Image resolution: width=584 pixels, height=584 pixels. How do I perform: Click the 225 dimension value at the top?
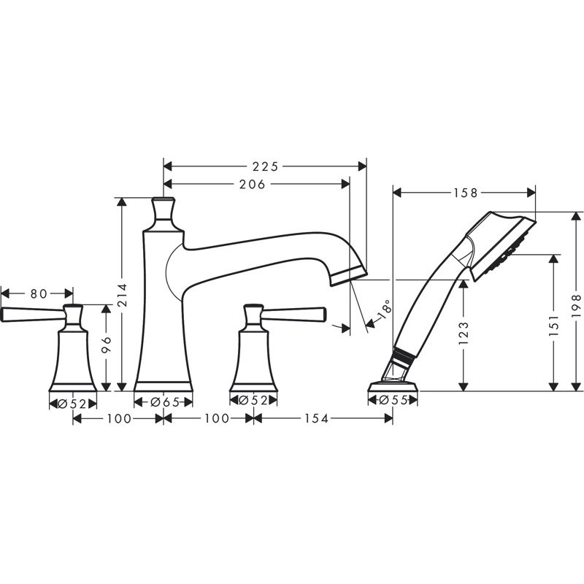pyautogui.click(x=264, y=166)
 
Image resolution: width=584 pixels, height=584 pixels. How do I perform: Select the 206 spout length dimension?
pyautogui.click(x=252, y=184)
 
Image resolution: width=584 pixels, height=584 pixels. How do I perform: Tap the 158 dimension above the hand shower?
pyautogui.click(x=464, y=193)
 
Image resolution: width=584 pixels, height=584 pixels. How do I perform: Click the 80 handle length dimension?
pyautogui.click(x=39, y=293)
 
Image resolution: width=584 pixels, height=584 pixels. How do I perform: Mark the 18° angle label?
pyautogui.click(x=385, y=312)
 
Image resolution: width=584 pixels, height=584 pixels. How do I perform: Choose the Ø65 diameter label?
pyautogui.click(x=165, y=401)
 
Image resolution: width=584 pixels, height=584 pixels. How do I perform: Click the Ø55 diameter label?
pyautogui.click(x=394, y=401)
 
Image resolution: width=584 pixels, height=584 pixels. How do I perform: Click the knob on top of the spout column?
pyautogui.click(x=164, y=210)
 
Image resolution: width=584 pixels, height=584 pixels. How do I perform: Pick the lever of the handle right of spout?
pyautogui.click(x=296, y=313)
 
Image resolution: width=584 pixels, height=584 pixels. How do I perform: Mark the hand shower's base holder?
pyautogui.click(x=394, y=383)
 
